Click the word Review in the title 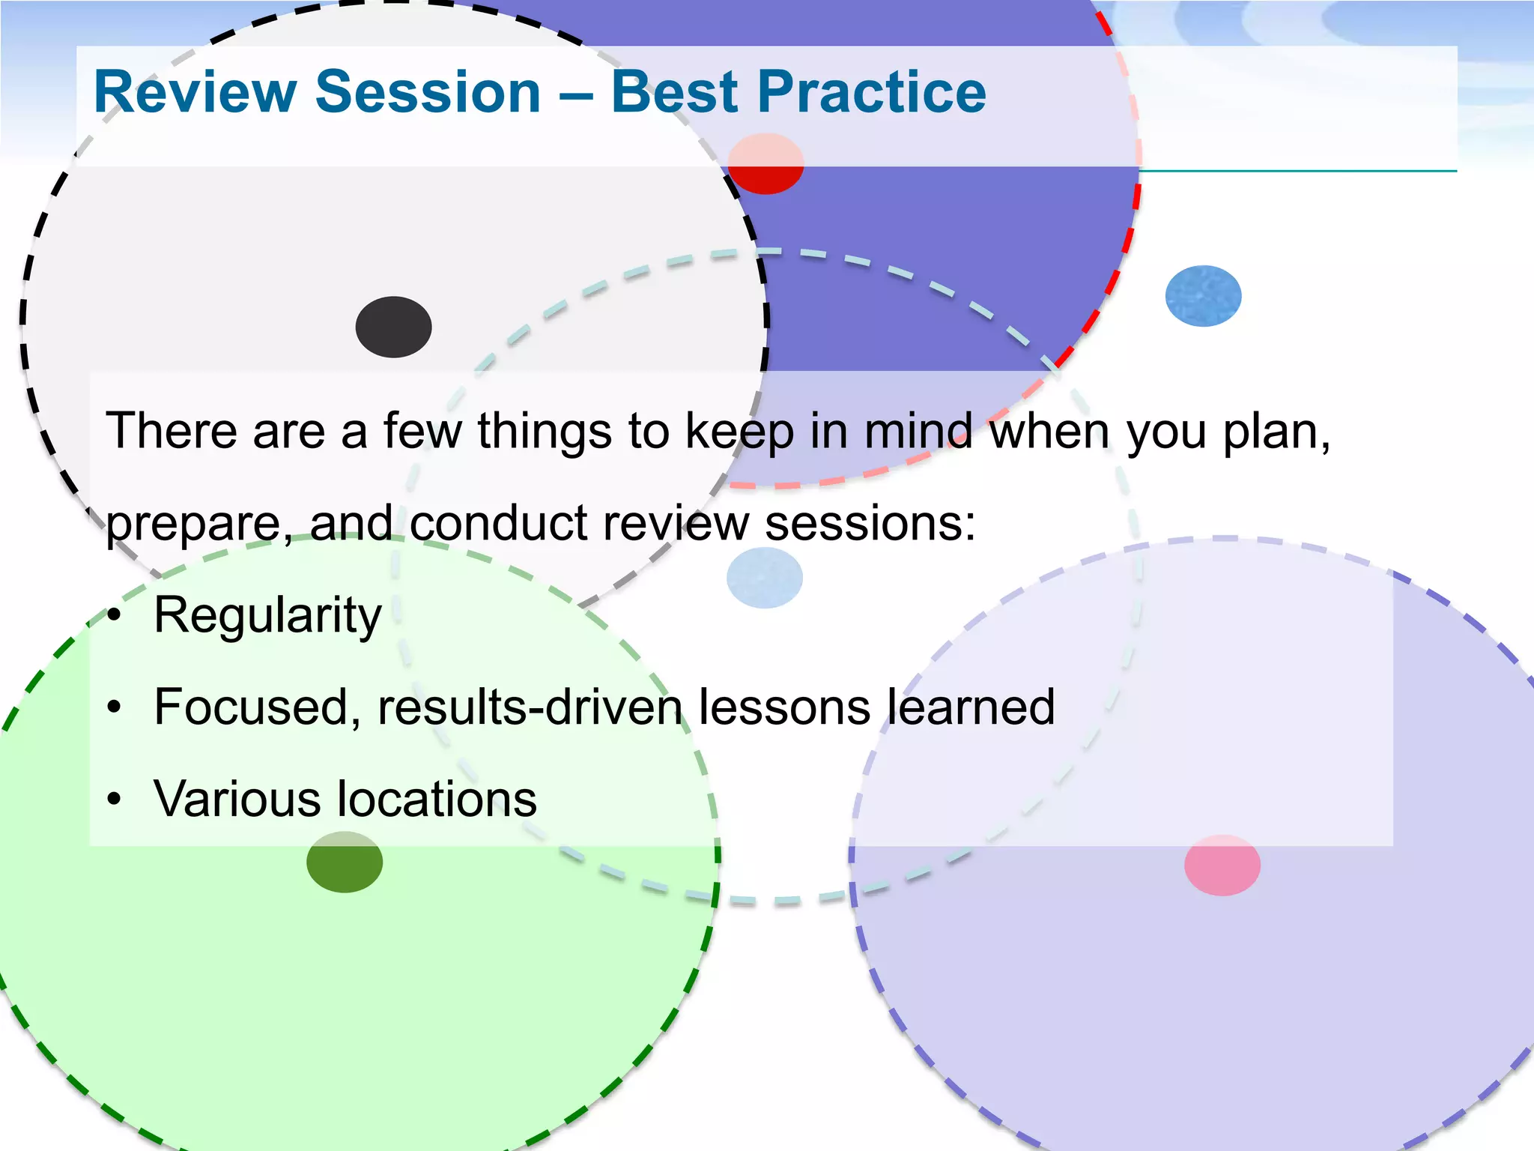click(195, 92)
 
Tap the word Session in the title click(428, 92)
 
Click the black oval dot click(393, 327)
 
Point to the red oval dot click(766, 164)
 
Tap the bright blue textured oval click(1203, 296)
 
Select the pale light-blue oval click(764, 578)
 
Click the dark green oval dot click(345, 862)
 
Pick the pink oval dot click(1222, 865)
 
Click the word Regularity click(267, 616)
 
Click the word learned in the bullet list click(971, 707)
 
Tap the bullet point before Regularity click(113, 616)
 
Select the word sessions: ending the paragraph click(870, 523)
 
